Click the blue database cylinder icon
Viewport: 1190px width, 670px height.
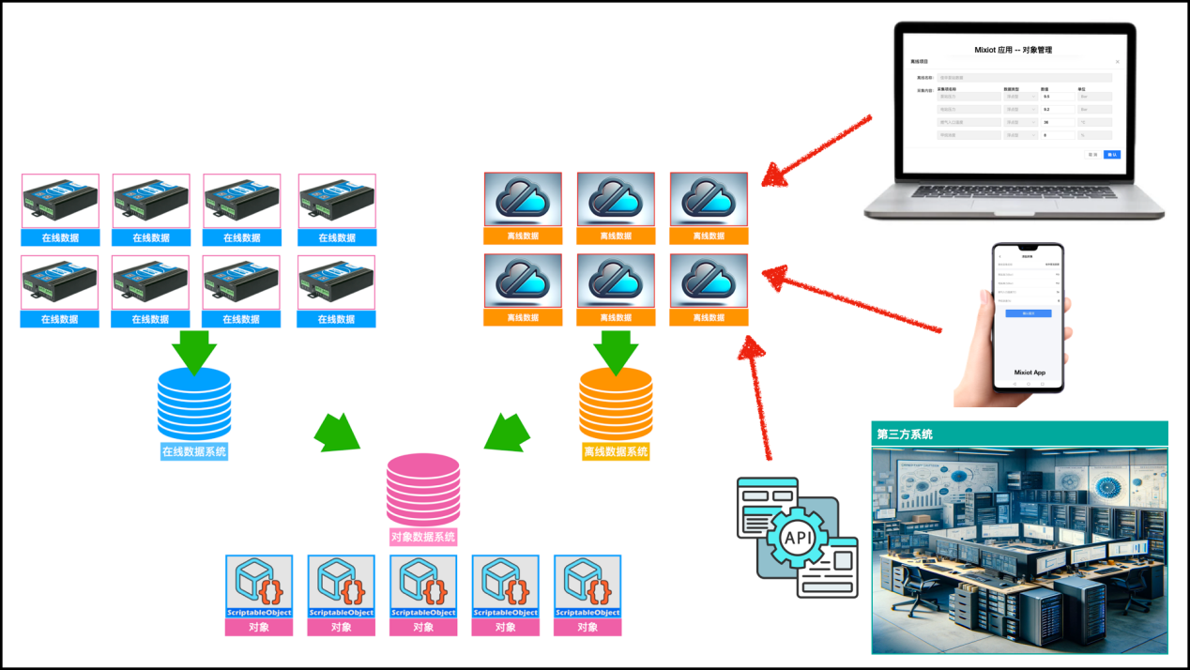point(194,404)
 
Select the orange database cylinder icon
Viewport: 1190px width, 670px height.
point(616,404)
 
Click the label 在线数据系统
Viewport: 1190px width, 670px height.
point(194,451)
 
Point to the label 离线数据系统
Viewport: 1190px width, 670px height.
point(616,451)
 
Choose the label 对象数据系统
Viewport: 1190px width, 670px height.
point(423,537)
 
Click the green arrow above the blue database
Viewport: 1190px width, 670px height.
point(194,351)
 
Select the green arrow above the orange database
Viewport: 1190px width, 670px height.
point(616,351)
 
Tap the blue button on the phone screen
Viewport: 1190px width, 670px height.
point(1029,313)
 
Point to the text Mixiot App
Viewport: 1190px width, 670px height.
point(1030,373)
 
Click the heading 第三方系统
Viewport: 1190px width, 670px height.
point(905,434)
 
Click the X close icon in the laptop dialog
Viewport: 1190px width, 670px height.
point(1117,62)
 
